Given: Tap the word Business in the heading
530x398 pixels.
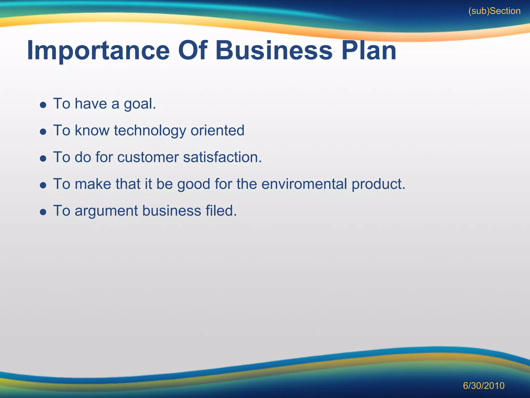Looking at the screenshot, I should tap(274, 51).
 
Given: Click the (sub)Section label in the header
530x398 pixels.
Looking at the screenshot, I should tap(494, 11).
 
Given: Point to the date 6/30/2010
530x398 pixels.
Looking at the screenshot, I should tap(483, 386).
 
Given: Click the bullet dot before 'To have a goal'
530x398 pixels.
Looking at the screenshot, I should tap(43, 105).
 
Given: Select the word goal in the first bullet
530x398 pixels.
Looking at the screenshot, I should tap(140, 104).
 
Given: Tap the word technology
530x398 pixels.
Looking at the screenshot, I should tap(150, 131).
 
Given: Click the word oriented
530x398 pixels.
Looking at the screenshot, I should tap(217, 130).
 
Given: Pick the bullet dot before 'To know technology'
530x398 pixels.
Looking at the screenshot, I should tap(43, 132).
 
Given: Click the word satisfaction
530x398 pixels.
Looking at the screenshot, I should tap(222, 157).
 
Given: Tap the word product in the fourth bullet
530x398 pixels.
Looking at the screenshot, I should tap(378, 184).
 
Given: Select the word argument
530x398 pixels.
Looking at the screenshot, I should tap(106, 211).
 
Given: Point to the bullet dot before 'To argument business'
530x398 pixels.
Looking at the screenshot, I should tap(43, 212).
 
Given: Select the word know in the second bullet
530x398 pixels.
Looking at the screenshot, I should tap(92, 130).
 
